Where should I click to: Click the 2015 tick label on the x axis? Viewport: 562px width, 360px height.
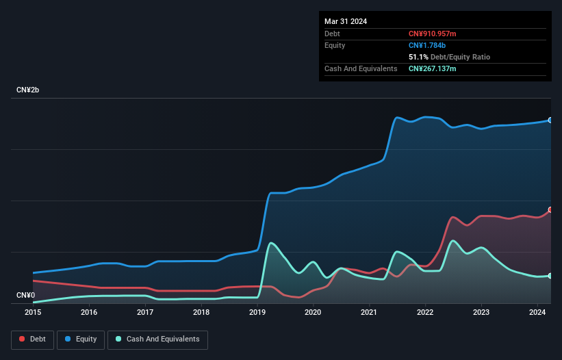click(33, 312)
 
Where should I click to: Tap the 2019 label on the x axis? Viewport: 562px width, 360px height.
click(257, 312)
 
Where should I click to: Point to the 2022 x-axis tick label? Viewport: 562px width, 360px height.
click(425, 312)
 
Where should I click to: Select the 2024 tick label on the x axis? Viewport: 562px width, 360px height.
click(537, 312)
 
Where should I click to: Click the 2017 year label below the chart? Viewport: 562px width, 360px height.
click(145, 312)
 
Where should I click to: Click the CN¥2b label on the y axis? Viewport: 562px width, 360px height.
click(31, 90)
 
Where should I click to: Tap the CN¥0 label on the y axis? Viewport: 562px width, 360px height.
click(26, 296)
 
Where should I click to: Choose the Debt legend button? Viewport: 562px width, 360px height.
click(32, 339)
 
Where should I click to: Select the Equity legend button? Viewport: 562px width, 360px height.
click(81, 339)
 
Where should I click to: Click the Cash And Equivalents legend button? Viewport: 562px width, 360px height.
click(157, 339)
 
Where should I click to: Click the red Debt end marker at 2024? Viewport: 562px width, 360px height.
click(550, 210)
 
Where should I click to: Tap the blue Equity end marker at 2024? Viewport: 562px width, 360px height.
click(550, 120)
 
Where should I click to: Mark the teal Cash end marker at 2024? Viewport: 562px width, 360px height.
click(550, 276)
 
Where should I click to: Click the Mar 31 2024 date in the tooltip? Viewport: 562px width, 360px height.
click(346, 21)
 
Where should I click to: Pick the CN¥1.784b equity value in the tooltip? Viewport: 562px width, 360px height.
click(427, 45)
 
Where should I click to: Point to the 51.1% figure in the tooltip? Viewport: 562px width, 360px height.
click(418, 57)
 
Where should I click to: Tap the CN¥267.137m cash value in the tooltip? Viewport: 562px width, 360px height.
click(433, 68)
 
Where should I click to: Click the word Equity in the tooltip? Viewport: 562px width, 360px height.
click(335, 45)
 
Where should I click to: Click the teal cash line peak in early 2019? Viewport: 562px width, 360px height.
click(272, 243)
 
